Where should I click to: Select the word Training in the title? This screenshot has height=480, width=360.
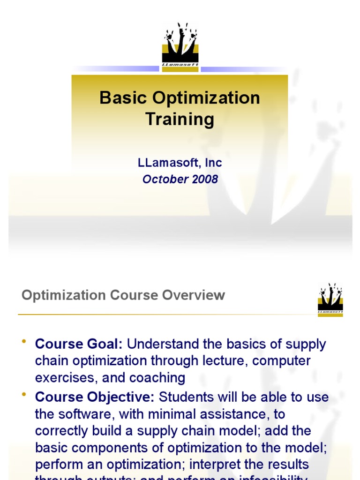(180, 119)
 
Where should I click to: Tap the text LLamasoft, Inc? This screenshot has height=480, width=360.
(180, 163)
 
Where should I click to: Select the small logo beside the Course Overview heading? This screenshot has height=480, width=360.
(330, 300)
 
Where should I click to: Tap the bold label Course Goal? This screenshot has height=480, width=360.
(79, 344)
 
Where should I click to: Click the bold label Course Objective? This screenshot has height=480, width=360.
(95, 397)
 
